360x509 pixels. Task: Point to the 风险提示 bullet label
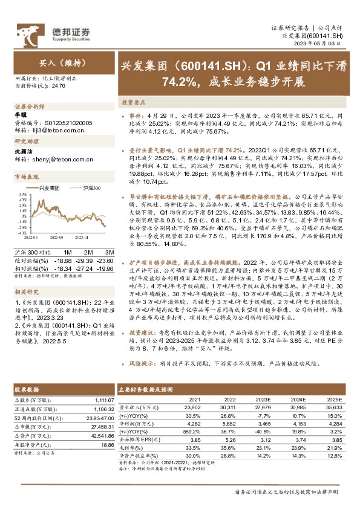point(140,365)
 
